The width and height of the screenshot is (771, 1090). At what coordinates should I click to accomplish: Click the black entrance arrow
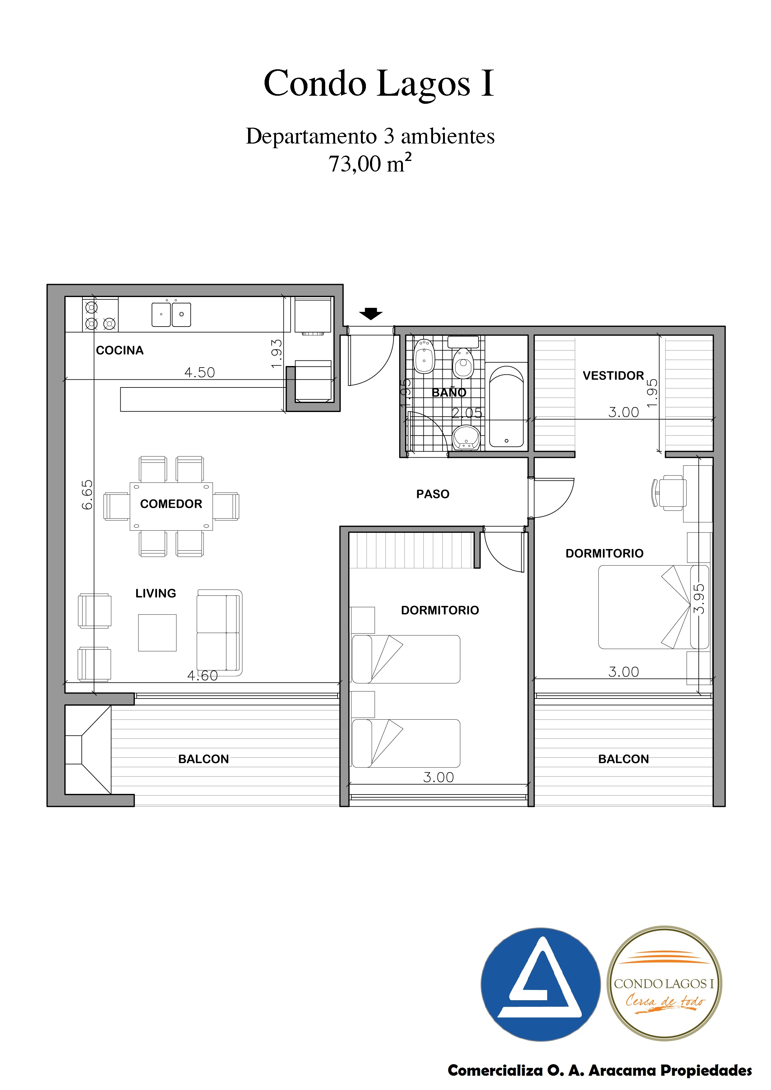(x=371, y=313)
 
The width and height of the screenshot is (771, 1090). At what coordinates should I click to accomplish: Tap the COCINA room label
(x=120, y=350)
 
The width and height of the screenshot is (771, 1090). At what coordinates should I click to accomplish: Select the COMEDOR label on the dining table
(x=171, y=504)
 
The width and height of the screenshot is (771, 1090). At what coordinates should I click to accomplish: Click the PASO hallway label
(x=433, y=494)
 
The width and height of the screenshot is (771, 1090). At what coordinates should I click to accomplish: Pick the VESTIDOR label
(x=613, y=376)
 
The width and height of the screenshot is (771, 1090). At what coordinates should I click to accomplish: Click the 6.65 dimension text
(x=87, y=495)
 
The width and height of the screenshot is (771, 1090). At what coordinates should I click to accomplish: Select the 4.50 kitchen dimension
(x=200, y=372)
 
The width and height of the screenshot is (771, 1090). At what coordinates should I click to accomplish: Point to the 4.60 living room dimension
(x=202, y=675)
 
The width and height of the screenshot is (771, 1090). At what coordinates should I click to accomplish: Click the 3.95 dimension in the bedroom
(x=699, y=599)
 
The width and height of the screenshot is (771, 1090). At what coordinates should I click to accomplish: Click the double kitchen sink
(x=171, y=314)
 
